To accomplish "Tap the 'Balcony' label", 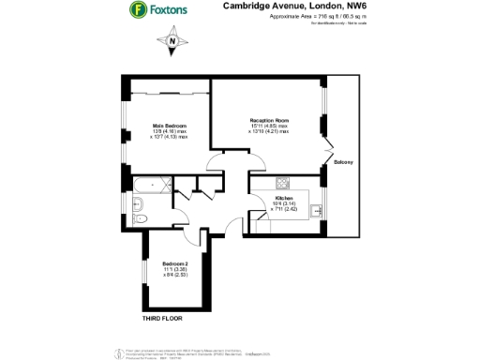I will coord(342,163).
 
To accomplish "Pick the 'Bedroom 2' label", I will coord(175,263).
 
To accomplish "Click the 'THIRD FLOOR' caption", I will coord(161,318).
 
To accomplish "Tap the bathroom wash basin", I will coord(139,202).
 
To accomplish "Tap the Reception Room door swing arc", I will coord(217,160).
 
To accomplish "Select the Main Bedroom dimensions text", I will coord(170,135).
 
